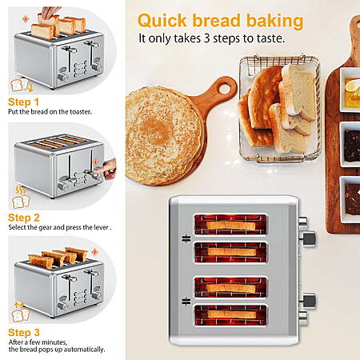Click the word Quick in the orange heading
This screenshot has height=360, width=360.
(162, 22)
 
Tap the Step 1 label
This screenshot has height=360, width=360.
(23, 102)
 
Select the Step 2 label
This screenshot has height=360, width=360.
(24, 218)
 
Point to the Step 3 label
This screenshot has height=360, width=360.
(24, 333)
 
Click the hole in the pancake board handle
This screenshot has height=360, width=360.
(224, 87)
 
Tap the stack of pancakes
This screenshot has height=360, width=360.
(164, 136)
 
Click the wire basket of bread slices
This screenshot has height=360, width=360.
(279, 110)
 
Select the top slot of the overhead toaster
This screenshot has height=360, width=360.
(230, 225)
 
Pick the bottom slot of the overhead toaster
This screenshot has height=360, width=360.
(230, 315)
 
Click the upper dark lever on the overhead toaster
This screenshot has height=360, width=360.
(310, 238)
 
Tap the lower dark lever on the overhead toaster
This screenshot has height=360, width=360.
(310, 301)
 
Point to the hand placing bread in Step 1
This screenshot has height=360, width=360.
(51, 12)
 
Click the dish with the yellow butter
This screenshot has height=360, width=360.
(350, 90)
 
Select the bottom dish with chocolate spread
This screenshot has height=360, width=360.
(350, 199)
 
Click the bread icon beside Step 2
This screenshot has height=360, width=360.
(21, 202)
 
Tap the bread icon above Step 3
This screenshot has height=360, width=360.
(21, 315)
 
